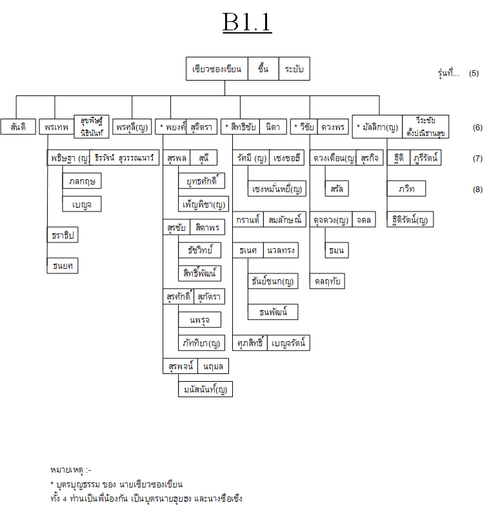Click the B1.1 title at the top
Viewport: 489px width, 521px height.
(x=247, y=23)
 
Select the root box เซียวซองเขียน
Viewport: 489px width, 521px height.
(x=217, y=69)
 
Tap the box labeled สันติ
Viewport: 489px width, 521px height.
(x=18, y=126)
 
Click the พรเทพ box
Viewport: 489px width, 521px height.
(x=57, y=126)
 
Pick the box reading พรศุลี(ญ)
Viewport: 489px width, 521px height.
(x=132, y=126)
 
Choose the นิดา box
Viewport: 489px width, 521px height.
(x=273, y=126)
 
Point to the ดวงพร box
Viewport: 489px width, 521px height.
(x=333, y=126)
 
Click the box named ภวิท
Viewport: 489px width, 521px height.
(x=406, y=189)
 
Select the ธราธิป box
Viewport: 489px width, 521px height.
(x=63, y=235)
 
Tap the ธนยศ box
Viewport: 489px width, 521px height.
(x=63, y=266)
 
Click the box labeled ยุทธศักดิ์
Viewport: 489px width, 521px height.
(x=201, y=181)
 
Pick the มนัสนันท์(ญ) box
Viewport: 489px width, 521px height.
(x=205, y=389)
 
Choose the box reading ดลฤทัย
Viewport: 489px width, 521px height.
(x=328, y=281)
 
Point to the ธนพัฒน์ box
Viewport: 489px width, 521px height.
(x=273, y=312)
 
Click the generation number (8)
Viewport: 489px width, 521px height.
(x=477, y=189)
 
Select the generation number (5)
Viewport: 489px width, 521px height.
(x=474, y=73)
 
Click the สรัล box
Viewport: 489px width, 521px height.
(x=337, y=189)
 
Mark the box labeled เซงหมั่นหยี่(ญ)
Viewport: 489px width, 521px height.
(x=277, y=189)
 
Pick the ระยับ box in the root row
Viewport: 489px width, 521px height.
(x=294, y=69)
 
